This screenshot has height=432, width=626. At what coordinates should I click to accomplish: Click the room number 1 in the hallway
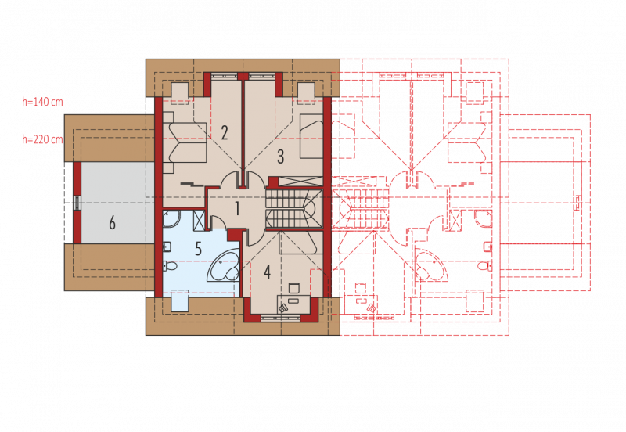(x=237, y=208)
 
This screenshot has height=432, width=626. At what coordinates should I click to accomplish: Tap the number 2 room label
(x=225, y=133)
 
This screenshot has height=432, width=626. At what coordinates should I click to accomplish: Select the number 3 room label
(x=281, y=157)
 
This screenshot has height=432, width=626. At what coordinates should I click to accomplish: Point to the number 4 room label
(x=267, y=272)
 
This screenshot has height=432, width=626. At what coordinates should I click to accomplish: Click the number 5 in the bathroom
(x=199, y=249)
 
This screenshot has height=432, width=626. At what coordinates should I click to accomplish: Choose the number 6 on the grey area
(x=112, y=223)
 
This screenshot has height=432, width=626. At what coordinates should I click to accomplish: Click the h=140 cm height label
(x=43, y=102)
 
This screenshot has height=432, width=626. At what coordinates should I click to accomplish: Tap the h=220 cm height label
(x=43, y=139)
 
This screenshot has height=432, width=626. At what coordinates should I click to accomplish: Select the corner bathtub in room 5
(x=224, y=265)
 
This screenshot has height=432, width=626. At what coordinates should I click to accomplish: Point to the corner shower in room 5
(x=171, y=219)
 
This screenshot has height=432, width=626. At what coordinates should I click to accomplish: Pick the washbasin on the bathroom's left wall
(x=167, y=247)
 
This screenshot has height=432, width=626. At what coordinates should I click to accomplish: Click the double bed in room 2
(x=184, y=142)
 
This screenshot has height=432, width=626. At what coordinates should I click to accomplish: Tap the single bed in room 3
(x=311, y=136)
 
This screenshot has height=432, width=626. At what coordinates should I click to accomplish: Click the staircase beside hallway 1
(x=294, y=208)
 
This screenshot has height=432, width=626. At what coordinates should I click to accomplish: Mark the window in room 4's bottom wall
(x=280, y=318)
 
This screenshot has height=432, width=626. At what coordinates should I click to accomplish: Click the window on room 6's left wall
(x=77, y=203)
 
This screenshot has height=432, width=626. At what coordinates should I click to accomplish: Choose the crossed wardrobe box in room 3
(x=300, y=182)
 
